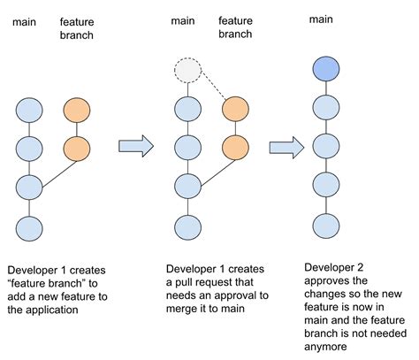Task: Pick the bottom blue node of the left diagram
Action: tap(29, 226)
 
